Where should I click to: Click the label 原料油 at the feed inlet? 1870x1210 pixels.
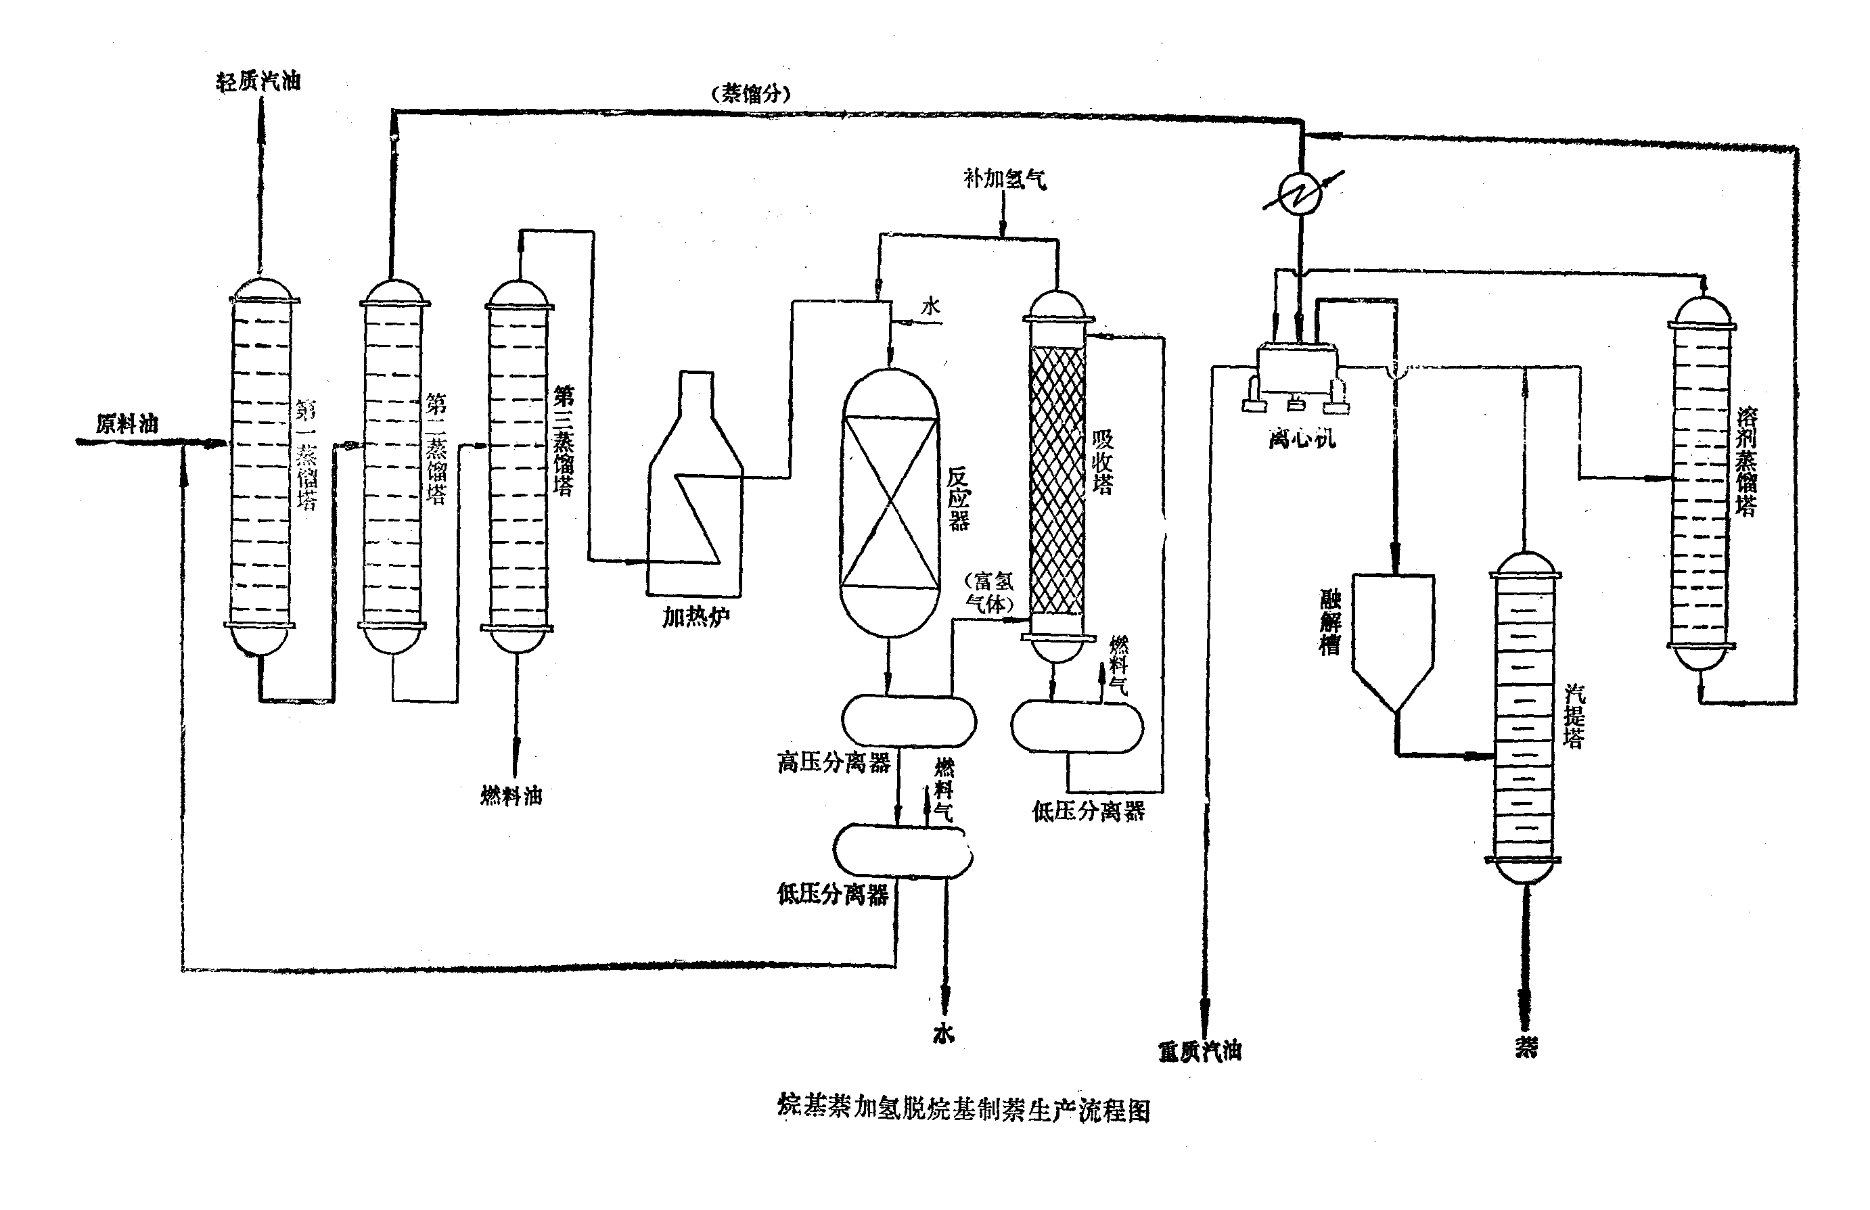(127, 424)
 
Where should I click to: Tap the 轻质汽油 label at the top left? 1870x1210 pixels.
(258, 81)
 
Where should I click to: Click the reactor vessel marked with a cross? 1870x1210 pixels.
(890, 503)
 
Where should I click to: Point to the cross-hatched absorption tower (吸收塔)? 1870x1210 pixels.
(1057, 480)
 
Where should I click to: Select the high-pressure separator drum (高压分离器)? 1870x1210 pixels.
(909, 720)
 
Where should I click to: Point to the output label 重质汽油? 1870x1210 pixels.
(1200, 1051)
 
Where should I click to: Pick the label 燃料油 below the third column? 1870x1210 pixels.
(511, 796)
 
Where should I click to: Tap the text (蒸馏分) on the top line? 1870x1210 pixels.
(751, 94)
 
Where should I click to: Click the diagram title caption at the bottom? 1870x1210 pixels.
(963, 1109)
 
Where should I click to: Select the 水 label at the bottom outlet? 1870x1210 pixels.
(944, 1033)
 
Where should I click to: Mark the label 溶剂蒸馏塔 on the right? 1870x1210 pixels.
(1746, 461)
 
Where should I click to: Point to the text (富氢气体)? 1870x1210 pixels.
(990, 592)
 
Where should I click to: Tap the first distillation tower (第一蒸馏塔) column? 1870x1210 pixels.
(262, 467)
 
